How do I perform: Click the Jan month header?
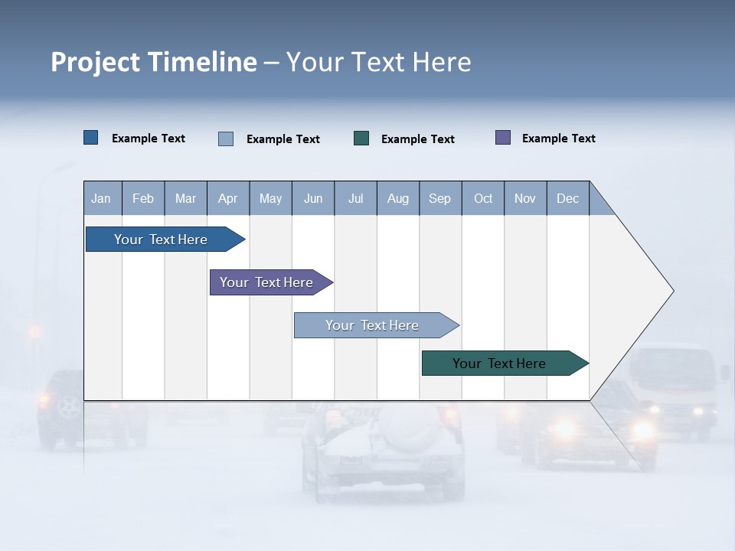101,198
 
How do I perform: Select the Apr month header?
228,198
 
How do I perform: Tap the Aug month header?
398,198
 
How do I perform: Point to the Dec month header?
567,198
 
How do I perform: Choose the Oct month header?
483,198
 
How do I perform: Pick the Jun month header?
313,198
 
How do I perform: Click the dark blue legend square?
91,138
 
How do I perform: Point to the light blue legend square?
226,139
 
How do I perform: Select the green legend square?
361,139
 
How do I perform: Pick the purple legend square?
503,138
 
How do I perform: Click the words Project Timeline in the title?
154,62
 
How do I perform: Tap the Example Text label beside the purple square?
558,139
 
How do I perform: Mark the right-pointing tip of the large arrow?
672,291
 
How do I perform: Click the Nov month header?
525,198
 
